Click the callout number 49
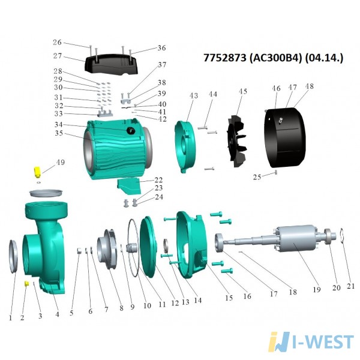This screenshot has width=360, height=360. [61, 163]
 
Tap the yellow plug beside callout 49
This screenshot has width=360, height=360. [37, 172]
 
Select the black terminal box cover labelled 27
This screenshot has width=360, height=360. [112, 64]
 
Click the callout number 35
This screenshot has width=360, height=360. [59, 133]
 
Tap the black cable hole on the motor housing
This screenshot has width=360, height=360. [131, 131]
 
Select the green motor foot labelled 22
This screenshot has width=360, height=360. [130, 185]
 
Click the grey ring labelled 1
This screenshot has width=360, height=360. [14, 256]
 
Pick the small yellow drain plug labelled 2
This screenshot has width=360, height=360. [26, 283]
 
